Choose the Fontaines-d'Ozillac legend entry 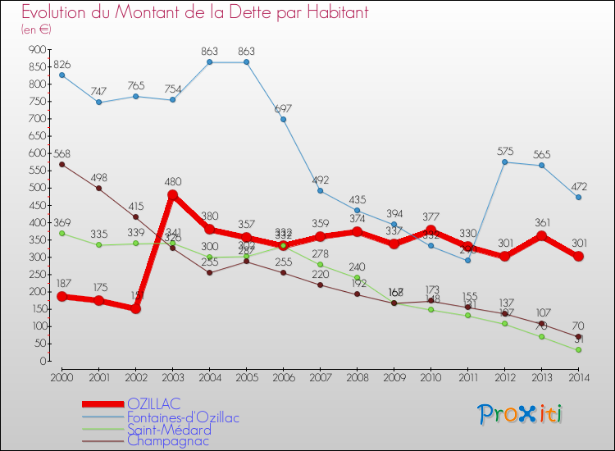tap(183, 417)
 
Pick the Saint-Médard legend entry tap(169, 430)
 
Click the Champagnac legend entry tap(167, 441)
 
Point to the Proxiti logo tap(522, 414)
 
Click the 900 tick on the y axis tap(36, 49)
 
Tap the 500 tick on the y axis tap(36, 188)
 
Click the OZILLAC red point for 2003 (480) tap(173, 195)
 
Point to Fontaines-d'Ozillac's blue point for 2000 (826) tap(62, 75)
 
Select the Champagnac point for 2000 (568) tap(62, 164)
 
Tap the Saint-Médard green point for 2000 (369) tap(62, 233)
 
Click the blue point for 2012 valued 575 tap(504, 162)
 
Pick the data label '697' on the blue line tap(283, 109)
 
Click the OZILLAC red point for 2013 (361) tap(541, 236)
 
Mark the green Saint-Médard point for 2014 tap(578, 350)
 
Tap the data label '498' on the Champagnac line tap(100, 177)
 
